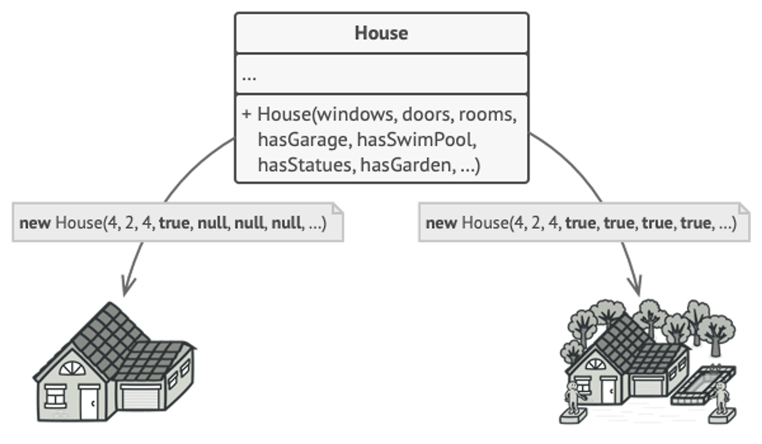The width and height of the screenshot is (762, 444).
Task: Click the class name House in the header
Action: [381, 33]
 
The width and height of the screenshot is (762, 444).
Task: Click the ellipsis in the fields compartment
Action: [249, 77]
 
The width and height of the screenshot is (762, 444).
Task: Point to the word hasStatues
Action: [304, 165]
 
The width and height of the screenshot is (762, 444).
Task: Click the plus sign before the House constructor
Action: [246, 114]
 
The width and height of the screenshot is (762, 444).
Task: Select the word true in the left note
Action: [174, 224]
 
